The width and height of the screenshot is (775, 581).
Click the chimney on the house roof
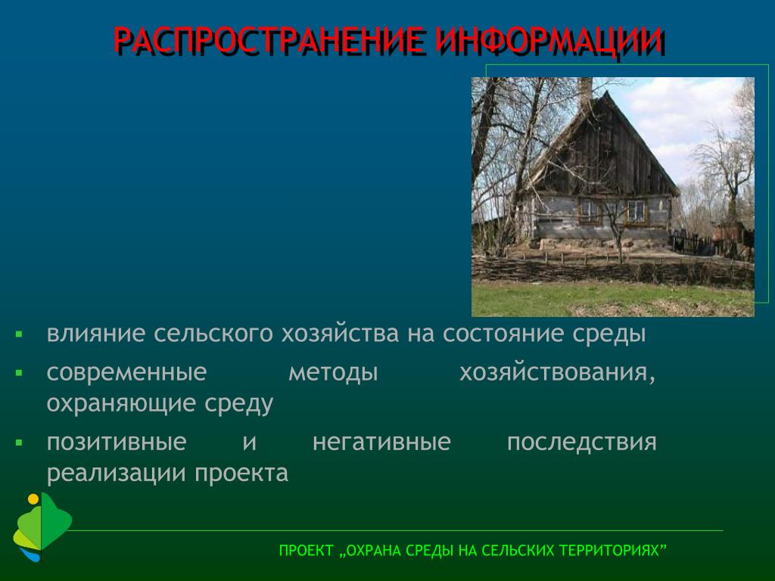(x=585, y=92)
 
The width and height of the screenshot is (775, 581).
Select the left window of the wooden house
(x=589, y=211)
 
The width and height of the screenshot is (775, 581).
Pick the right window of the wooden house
(x=636, y=212)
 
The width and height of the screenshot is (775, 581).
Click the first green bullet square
(x=19, y=334)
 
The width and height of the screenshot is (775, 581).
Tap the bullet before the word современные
(x=19, y=373)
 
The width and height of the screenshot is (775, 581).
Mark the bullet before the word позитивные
(x=19, y=443)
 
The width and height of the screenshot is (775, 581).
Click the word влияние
(x=96, y=334)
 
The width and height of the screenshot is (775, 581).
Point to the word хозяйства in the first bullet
(x=340, y=334)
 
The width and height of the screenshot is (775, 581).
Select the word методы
(x=333, y=374)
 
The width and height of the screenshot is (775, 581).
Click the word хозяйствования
(x=558, y=374)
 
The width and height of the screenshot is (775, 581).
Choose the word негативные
(x=381, y=442)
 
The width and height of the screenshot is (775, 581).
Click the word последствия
(x=582, y=443)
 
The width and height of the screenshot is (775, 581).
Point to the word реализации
(x=116, y=474)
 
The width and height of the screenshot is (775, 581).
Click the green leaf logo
(x=42, y=527)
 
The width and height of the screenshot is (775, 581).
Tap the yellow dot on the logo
(x=33, y=499)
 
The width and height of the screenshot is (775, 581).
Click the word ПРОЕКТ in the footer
(x=306, y=551)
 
